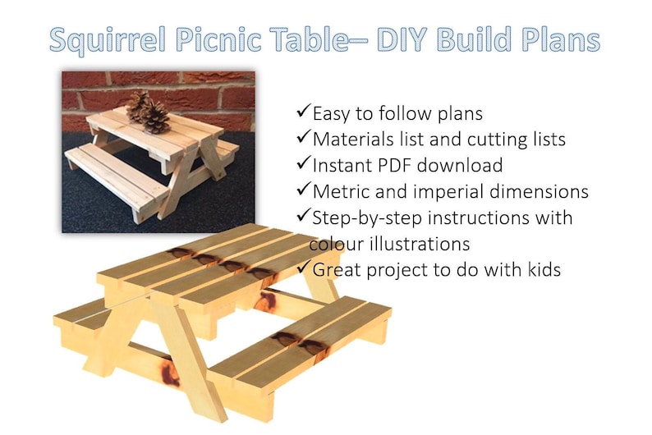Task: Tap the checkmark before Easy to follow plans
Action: (301, 110)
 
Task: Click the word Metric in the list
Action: (342, 191)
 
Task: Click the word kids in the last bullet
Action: (539, 269)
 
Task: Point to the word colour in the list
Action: (337, 244)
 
